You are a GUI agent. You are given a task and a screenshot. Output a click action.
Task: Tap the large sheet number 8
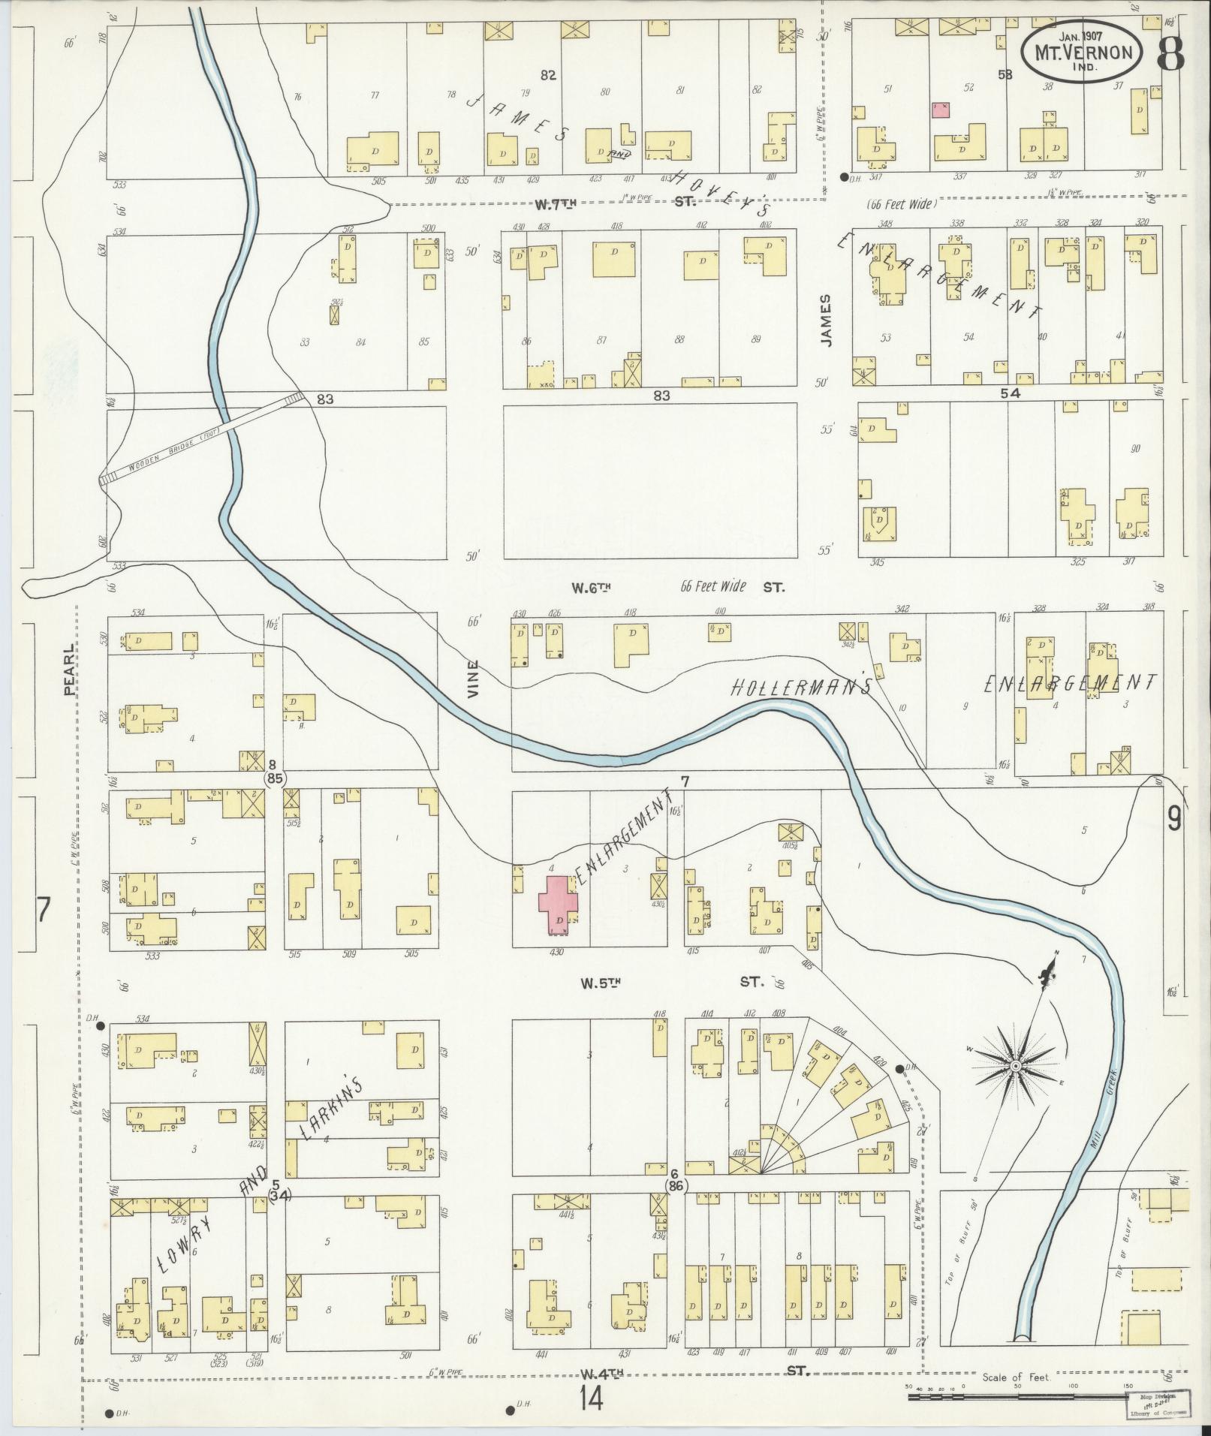point(1170,52)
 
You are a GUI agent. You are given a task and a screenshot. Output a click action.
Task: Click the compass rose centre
point(1015,1066)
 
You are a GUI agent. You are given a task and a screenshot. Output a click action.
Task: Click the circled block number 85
point(274,778)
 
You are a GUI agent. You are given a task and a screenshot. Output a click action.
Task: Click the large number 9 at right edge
point(1173,819)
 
